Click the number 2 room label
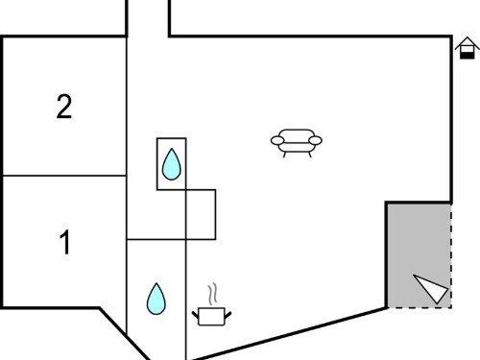tap(64, 107)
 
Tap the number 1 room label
tap(65, 242)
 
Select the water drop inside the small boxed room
tap(172, 164)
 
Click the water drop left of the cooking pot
tap(156, 299)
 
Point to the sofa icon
tap(297, 143)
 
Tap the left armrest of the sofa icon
tap(277, 140)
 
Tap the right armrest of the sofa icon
tap(315, 140)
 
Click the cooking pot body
tap(211, 317)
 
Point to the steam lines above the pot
tap(212, 294)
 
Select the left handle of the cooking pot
tap(195, 314)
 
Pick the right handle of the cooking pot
tap(228, 314)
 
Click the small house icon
tap(468, 48)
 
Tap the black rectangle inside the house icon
tap(468, 56)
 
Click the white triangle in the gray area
tap(431, 288)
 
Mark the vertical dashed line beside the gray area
tap(451, 255)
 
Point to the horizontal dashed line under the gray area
tap(420, 308)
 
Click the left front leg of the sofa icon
tap(284, 155)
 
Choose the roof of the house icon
tap(468, 43)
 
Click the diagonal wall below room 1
tap(124, 334)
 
